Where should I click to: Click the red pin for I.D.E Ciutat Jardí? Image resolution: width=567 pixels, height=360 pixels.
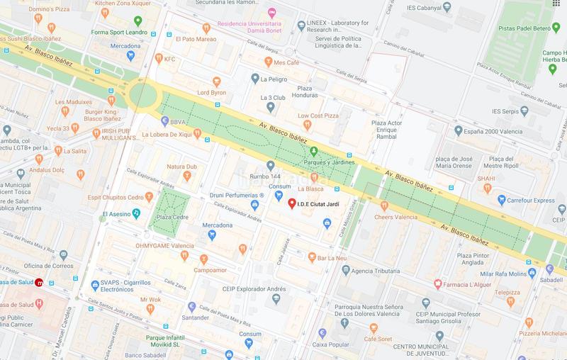click(x=292, y=204)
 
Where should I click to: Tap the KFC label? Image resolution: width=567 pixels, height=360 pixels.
click(x=169, y=60)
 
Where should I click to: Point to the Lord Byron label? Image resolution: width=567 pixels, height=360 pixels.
click(x=211, y=92)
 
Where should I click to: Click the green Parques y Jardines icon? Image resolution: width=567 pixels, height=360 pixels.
click(x=313, y=150)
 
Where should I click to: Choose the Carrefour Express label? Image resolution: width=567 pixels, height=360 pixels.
click(x=534, y=201)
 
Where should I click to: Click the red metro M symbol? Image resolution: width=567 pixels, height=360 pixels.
click(x=40, y=283)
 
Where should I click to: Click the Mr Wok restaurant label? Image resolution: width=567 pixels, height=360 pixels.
click(x=151, y=299)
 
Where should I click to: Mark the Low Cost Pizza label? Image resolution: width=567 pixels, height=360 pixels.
click(x=318, y=116)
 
